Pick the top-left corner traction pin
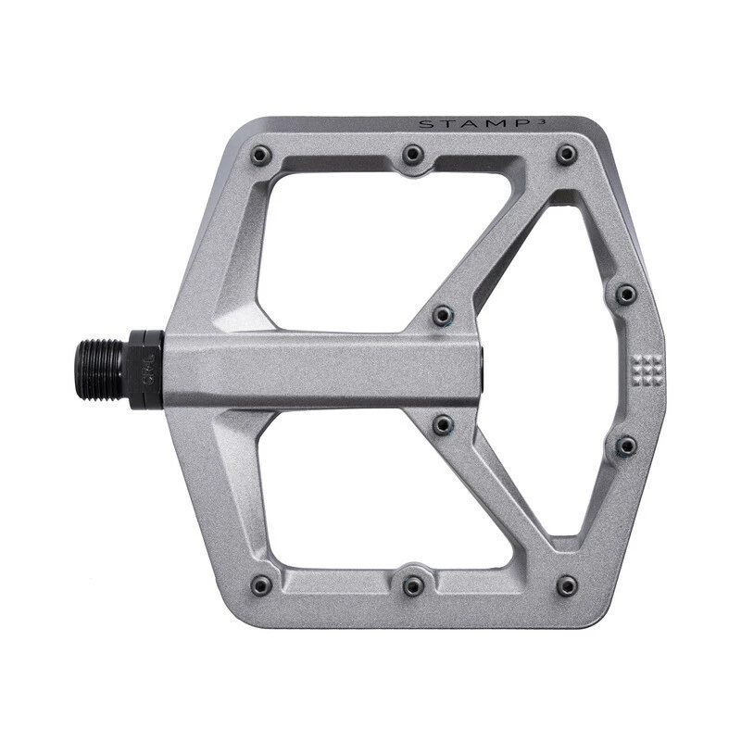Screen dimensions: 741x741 [261, 155]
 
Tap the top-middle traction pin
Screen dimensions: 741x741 [413, 154]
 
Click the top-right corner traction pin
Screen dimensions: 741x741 [567, 155]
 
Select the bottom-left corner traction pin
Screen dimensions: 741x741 [261, 584]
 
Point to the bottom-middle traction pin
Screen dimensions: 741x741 [413, 584]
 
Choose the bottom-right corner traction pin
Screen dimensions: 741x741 [567, 584]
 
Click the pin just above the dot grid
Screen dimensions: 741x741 [626, 295]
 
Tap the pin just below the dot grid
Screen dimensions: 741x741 [626, 446]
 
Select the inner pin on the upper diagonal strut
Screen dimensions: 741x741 [444, 315]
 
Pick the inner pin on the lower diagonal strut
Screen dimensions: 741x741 [444, 424]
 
